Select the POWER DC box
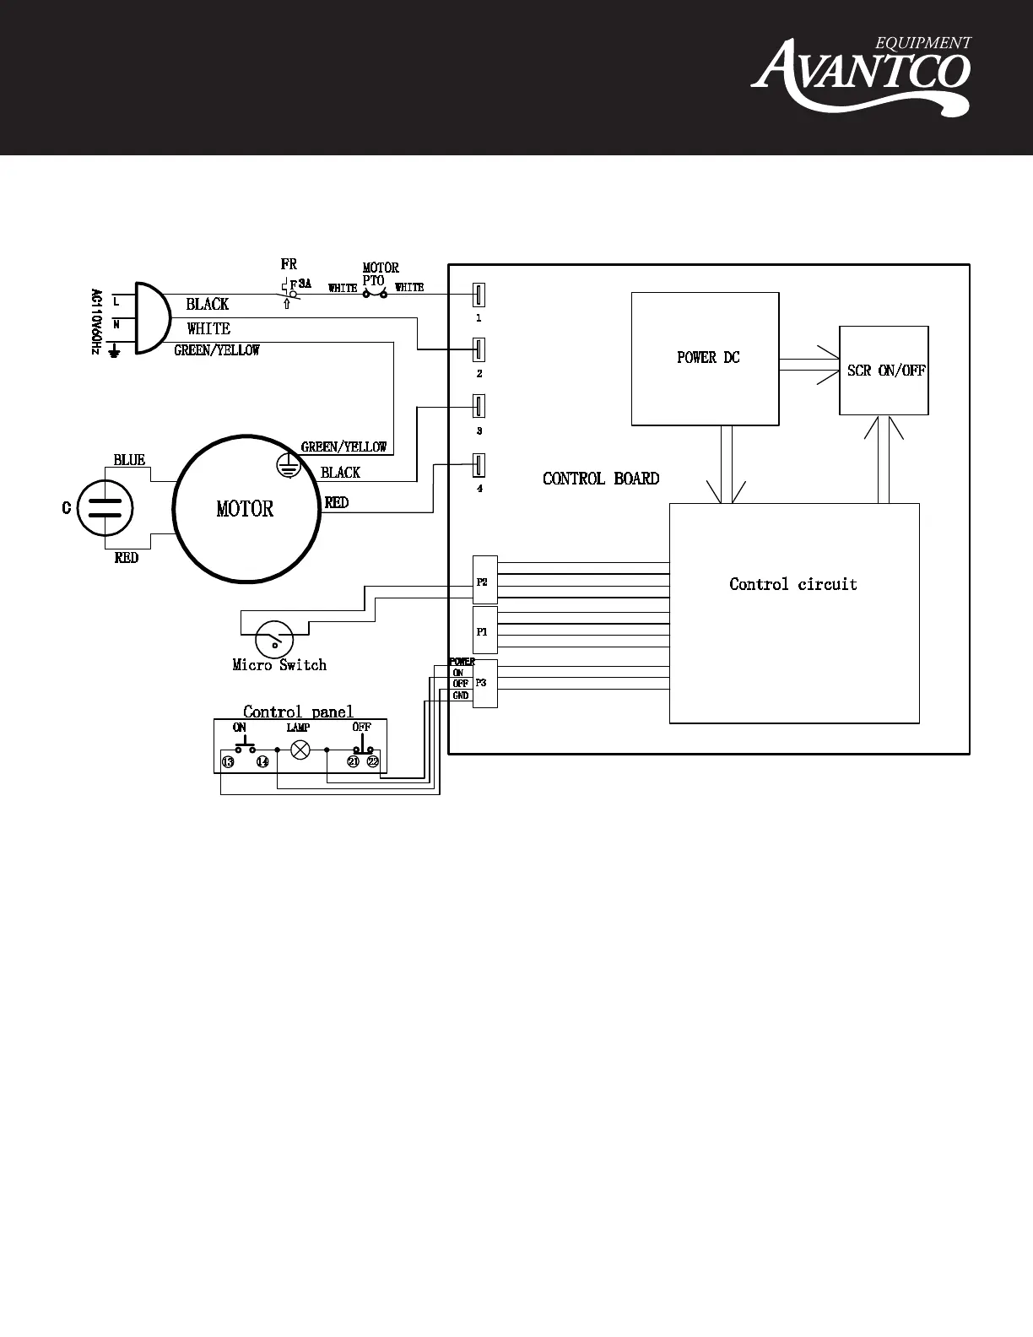pyautogui.click(x=705, y=359)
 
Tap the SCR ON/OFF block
pyautogui.click(x=884, y=371)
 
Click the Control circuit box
pyautogui.click(x=793, y=613)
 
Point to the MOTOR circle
pyautogui.click(x=246, y=509)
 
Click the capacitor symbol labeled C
pyautogui.click(x=105, y=508)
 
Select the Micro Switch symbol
pyautogui.click(x=274, y=638)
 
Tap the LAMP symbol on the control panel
pyautogui.click(x=299, y=749)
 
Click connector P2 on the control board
pyautogui.click(x=484, y=582)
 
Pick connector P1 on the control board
pyautogui.click(x=484, y=631)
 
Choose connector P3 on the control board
pyautogui.click(x=484, y=683)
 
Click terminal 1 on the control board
pyautogui.click(x=479, y=295)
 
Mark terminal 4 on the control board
pyautogui.click(x=479, y=465)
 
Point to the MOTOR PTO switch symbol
pyautogui.click(x=374, y=293)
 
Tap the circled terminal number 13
pyautogui.click(x=228, y=761)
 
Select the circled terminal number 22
pyautogui.click(x=373, y=761)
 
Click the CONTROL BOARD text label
pyautogui.click(x=601, y=479)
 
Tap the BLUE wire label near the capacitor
pyautogui.click(x=129, y=460)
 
